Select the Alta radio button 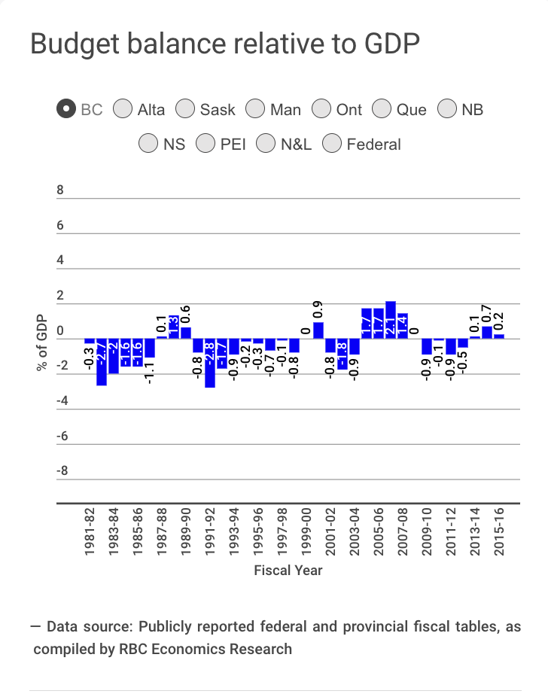123,109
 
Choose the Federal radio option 332,144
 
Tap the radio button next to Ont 321,109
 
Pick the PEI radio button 205,144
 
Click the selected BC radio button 66,109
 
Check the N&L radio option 266,144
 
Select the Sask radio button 185,109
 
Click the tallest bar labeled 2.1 391,320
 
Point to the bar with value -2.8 210,363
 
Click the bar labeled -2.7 102,362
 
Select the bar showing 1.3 174,327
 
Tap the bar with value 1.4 403,326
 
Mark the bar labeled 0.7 487,332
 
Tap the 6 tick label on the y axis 61,226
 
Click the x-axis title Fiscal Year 288,570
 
